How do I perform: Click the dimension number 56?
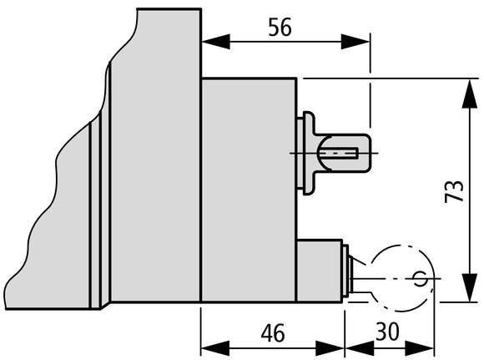pyautogui.click(x=280, y=28)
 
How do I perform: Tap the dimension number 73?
pyautogui.click(x=454, y=191)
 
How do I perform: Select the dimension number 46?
pyautogui.click(x=273, y=332)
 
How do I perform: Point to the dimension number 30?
pyautogui.click(x=387, y=332)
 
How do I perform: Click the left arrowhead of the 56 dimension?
pyautogui.click(x=215, y=41)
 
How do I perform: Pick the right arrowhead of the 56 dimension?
pyautogui.click(x=355, y=41)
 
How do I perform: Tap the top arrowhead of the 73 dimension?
pyautogui.click(x=470, y=94)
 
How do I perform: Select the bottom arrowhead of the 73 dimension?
pyautogui.click(x=470, y=287)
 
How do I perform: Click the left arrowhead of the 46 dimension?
pyautogui.click(x=215, y=348)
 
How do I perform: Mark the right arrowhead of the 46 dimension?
pyautogui.click(x=330, y=348)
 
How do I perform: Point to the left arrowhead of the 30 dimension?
pyautogui.click(x=360, y=348)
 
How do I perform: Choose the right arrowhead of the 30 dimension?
pyautogui.click(x=420, y=348)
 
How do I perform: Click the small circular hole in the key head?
pyautogui.click(x=420, y=278)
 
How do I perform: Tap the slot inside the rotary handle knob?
pyautogui.click(x=339, y=153)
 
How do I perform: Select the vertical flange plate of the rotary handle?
pyautogui.click(x=309, y=153)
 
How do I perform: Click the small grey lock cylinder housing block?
pyautogui.click(x=320, y=271)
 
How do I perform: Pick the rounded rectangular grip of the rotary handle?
pyautogui.click(x=343, y=153)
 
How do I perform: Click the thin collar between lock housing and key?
pyautogui.click(x=346, y=271)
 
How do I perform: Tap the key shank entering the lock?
pyautogui.click(x=361, y=278)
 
